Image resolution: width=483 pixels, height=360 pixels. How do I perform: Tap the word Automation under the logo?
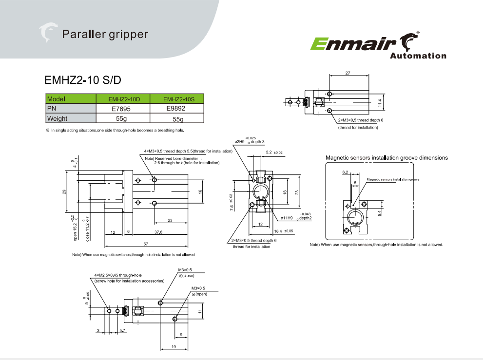click(418, 56)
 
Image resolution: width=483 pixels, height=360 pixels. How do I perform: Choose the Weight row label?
click(58, 118)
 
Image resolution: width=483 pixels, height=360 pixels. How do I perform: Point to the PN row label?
click(52, 109)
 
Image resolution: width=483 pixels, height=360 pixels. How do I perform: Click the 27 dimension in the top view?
click(348, 73)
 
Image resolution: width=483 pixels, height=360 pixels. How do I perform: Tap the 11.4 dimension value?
click(380, 102)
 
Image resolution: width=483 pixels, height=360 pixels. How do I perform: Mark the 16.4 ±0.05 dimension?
click(282, 231)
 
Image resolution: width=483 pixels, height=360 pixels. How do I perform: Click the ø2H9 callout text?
click(242, 142)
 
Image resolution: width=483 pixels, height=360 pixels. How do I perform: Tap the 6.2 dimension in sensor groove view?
click(346, 172)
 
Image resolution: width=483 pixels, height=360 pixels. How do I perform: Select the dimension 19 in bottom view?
click(174, 346)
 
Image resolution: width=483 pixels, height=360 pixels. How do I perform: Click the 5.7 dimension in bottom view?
click(122, 331)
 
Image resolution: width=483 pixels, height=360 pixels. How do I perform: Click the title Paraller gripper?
click(105, 34)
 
